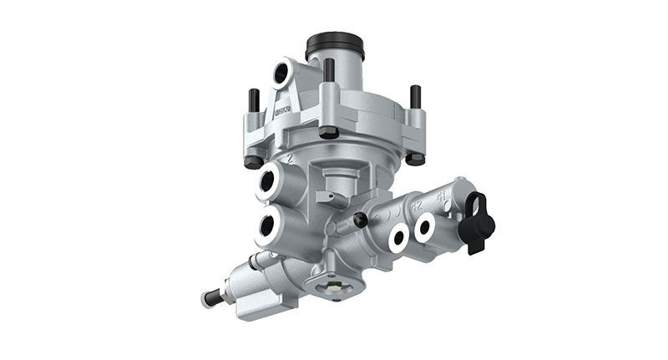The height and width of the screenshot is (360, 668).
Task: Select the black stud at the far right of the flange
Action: click(x=413, y=97)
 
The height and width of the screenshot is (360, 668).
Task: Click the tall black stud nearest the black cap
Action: click(x=329, y=71)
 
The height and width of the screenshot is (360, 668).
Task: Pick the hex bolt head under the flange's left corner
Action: click(x=253, y=161)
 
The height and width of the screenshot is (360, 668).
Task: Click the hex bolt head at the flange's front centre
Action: click(x=329, y=132)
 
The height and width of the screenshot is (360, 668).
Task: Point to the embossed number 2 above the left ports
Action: click(x=289, y=156)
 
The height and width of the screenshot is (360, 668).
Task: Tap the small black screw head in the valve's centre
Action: click(x=361, y=220)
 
